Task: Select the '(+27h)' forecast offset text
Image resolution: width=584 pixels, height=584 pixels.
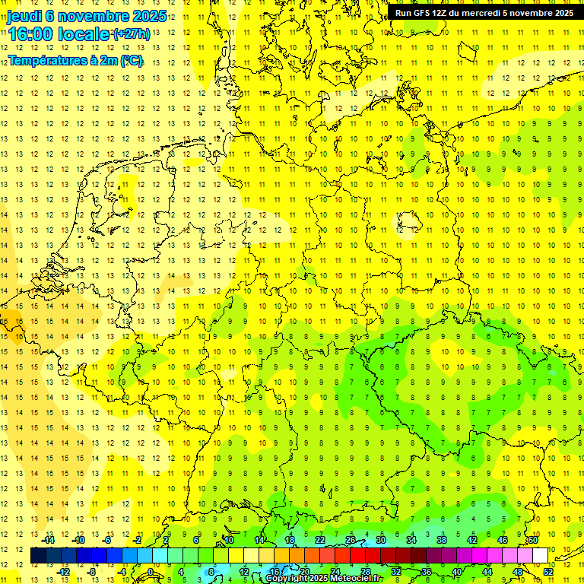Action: click(x=131, y=34)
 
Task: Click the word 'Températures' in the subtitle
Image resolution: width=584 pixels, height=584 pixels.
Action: click(x=43, y=61)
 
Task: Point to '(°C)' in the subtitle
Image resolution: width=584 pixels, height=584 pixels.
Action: click(x=131, y=61)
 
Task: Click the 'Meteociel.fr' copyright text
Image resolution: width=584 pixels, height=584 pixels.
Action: click(x=355, y=579)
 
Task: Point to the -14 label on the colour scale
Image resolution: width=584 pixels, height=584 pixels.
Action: click(x=52, y=540)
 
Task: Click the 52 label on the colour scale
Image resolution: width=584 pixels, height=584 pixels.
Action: click(x=549, y=572)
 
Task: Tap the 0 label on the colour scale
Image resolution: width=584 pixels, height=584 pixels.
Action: click(x=151, y=572)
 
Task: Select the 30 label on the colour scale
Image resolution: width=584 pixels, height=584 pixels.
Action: click(x=381, y=540)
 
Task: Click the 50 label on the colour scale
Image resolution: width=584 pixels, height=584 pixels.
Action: click(x=533, y=540)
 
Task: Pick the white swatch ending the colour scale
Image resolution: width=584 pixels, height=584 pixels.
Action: click(x=541, y=555)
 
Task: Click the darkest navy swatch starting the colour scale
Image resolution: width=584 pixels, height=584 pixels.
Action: click(x=38, y=555)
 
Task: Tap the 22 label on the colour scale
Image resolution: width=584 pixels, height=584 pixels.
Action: click(x=320, y=540)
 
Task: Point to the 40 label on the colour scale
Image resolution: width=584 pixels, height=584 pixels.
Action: click(x=457, y=572)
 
